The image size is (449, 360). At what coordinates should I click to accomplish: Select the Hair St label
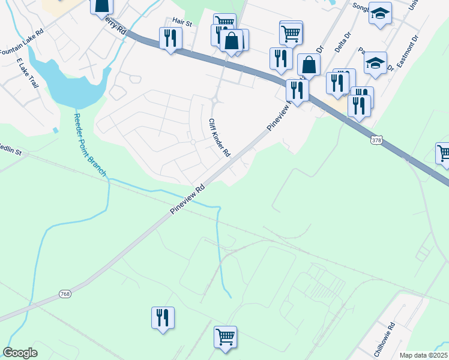click(181, 23)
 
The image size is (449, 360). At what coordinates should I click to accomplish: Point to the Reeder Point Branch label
click(90, 145)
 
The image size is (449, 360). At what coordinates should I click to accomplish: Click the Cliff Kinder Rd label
click(219, 137)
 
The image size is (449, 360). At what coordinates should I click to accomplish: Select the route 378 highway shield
click(376, 140)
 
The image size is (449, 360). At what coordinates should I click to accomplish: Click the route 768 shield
click(65, 293)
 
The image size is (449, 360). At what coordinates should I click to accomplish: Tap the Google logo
click(20, 353)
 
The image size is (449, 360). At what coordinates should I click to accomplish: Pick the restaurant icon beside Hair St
click(170, 38)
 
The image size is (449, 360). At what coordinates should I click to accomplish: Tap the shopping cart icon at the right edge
click(444, 153)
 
